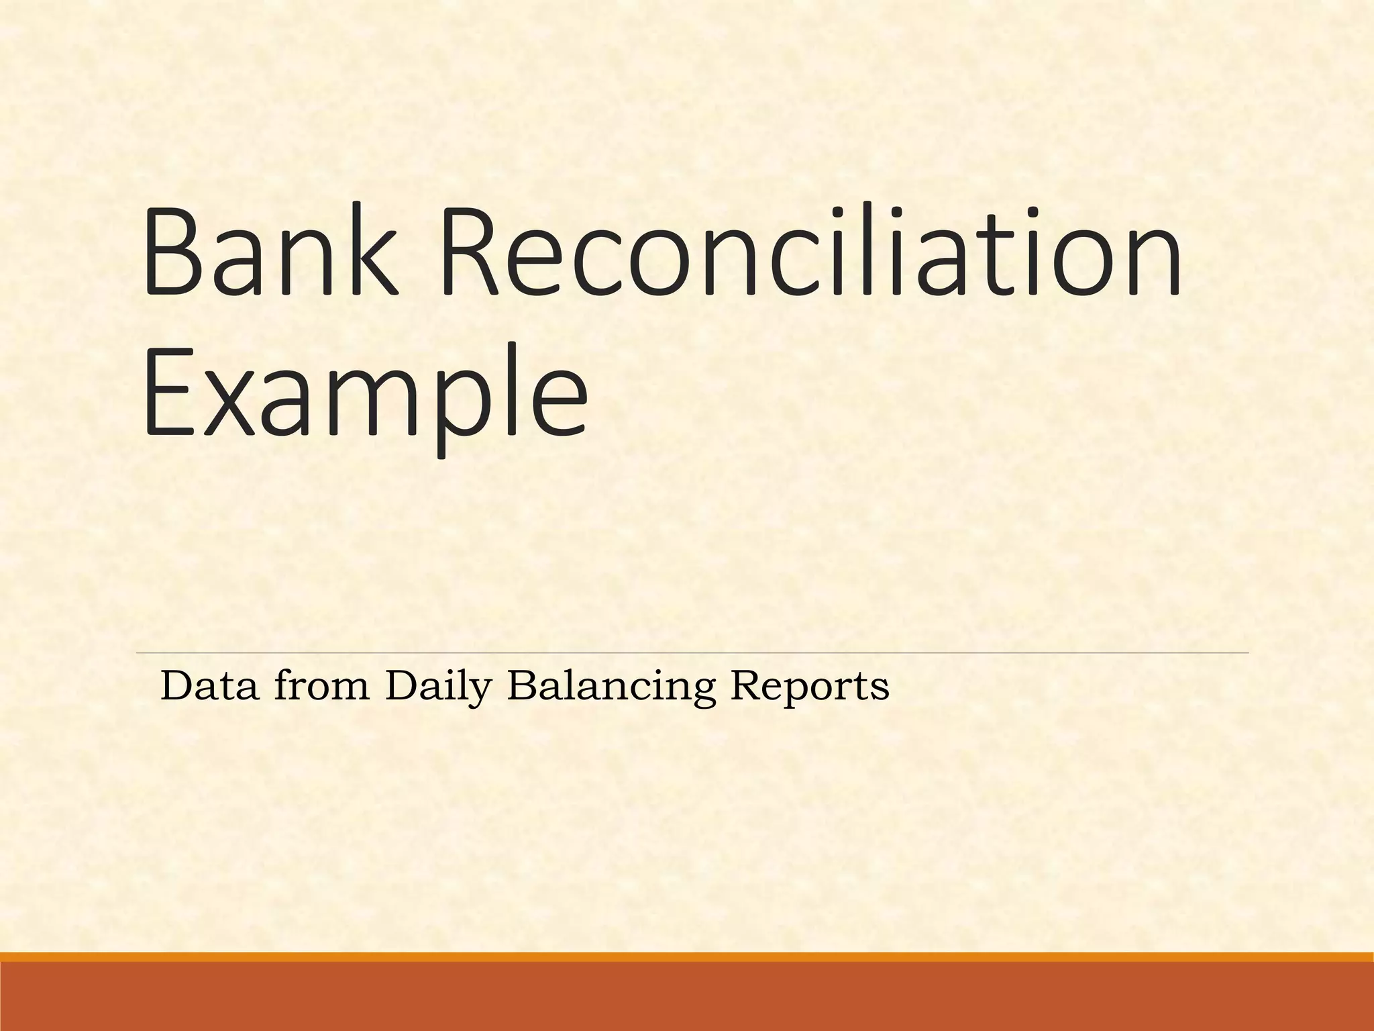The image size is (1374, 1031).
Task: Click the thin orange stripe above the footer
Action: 687,957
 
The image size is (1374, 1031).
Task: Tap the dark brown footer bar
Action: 687,997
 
